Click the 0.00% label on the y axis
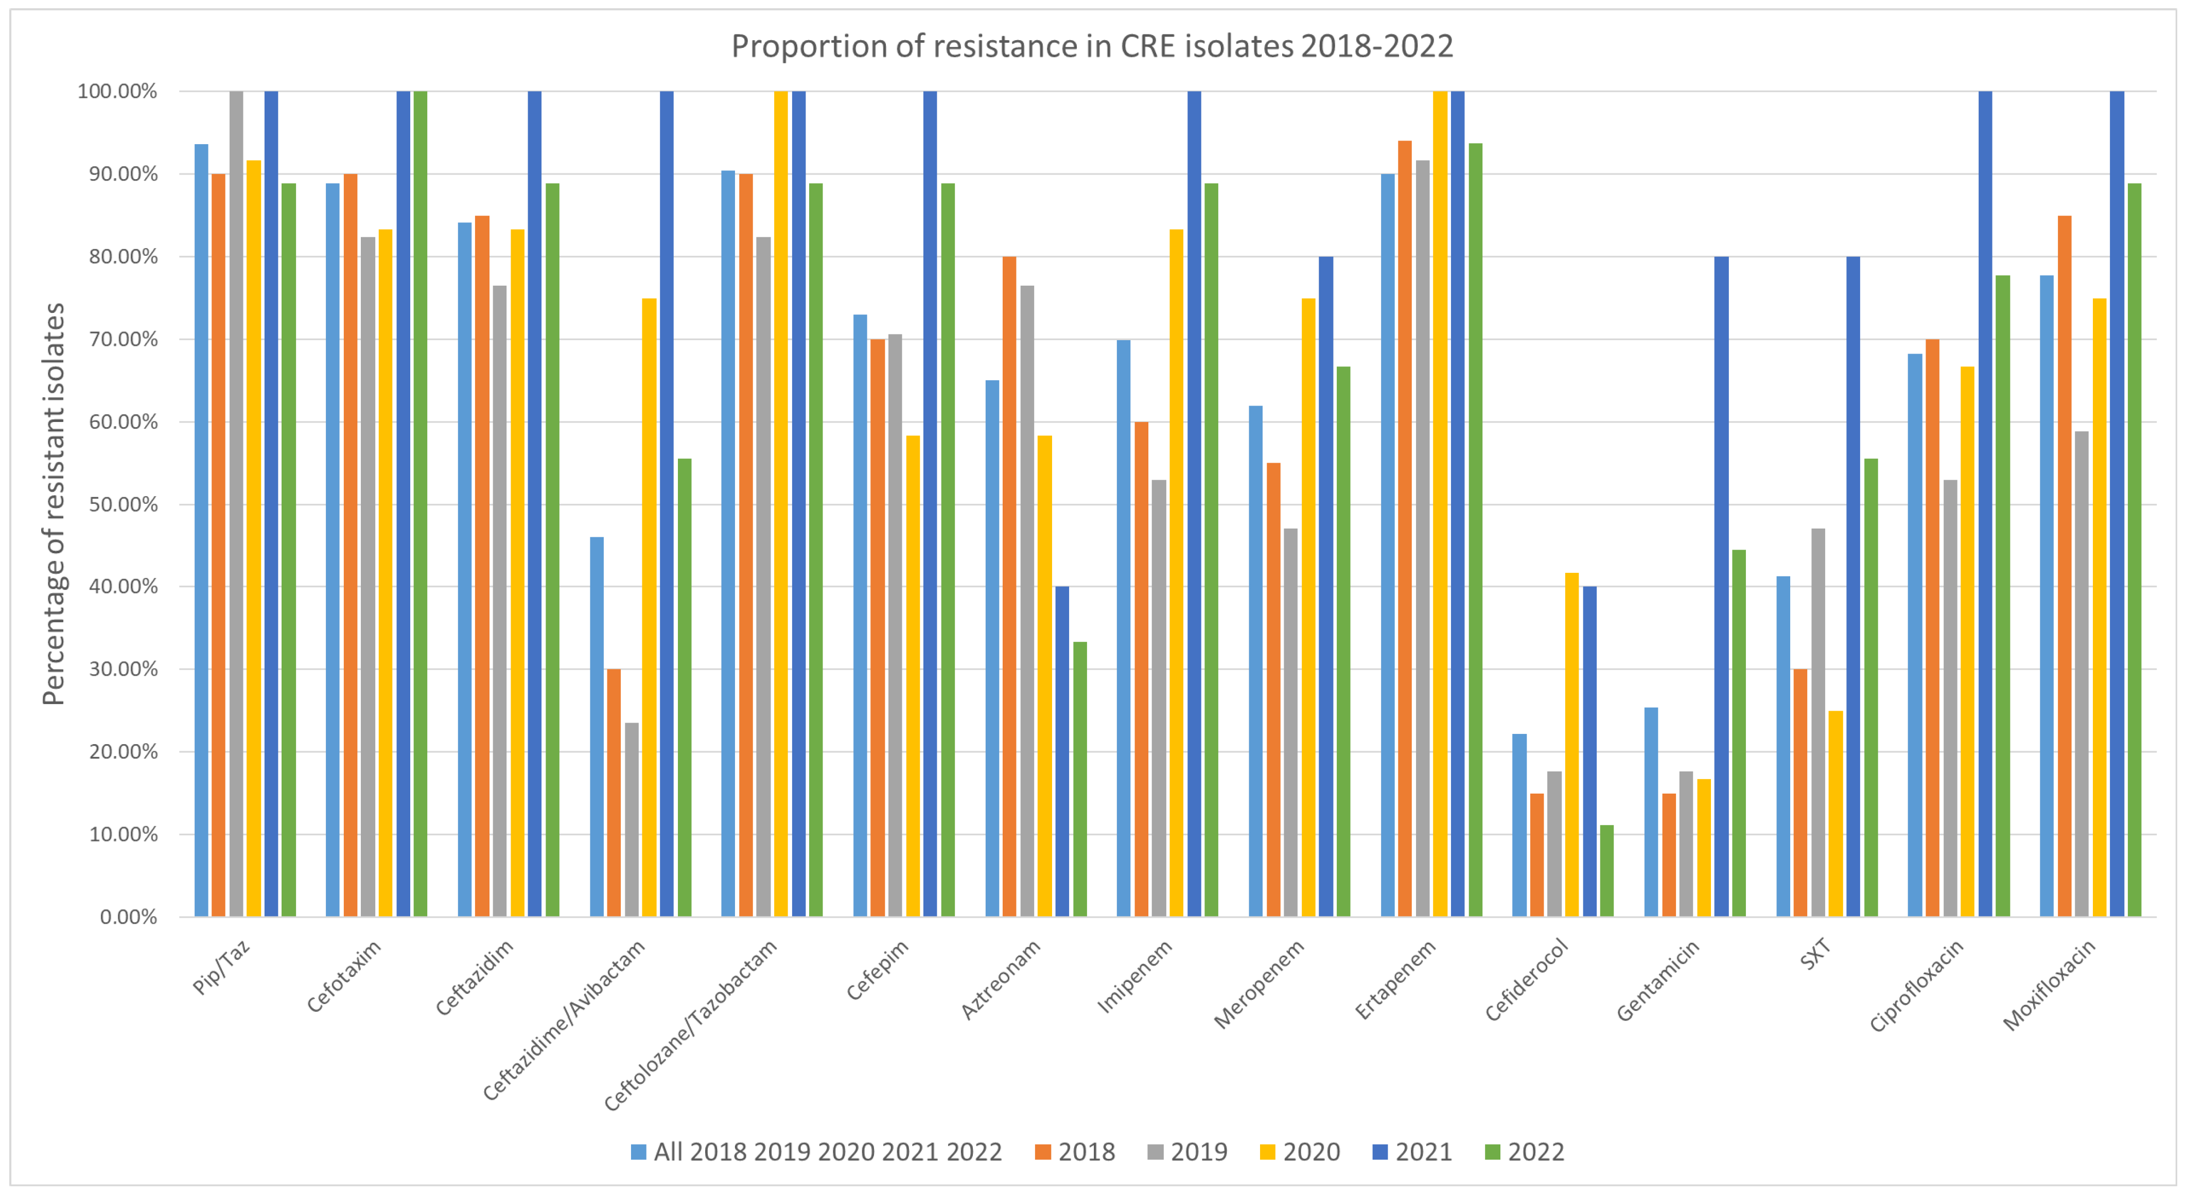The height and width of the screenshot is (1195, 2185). pyautogui.click(x=128, y=917)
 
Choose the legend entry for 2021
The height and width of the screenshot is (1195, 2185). pyautogui.click(x=1412, y=1152)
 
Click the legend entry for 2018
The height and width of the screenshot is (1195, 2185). pyautogui.click(x=1076, y=1152)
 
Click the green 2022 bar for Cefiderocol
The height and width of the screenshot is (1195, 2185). pyautogui.click(x=1606, y=871)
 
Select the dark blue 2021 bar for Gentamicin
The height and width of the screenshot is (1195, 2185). pyautogui.click(x=1721, y=586)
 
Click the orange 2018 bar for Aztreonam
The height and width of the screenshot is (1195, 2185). pyautogui.click(x=1009, y=586)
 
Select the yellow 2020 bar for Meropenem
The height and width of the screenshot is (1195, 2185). pyautogui.click(x=1309, y=607)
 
